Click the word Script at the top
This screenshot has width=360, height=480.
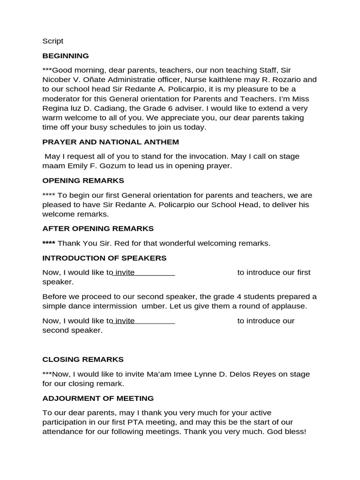coord(52,41)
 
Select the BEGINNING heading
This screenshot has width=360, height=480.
coord(65,56)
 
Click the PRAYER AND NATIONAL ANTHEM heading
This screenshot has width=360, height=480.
coord(111,142)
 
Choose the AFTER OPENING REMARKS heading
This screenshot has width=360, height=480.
coord(98,229)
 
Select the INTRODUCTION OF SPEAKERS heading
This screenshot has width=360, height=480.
coord(105,258)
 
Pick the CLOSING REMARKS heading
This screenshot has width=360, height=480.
coord(83,360)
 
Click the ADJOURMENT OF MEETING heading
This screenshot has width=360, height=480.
coord(98,398)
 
